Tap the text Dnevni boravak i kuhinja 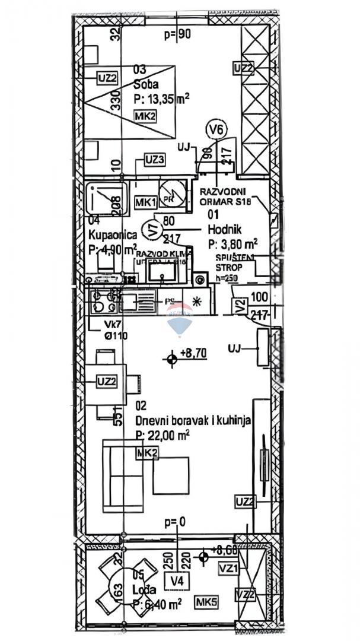coord(193,421)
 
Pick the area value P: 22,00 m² coord(163,436)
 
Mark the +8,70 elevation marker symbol coord(173,358)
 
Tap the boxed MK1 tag coord(145,202)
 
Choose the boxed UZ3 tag coord(154,159)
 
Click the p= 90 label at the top coord(177,34)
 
